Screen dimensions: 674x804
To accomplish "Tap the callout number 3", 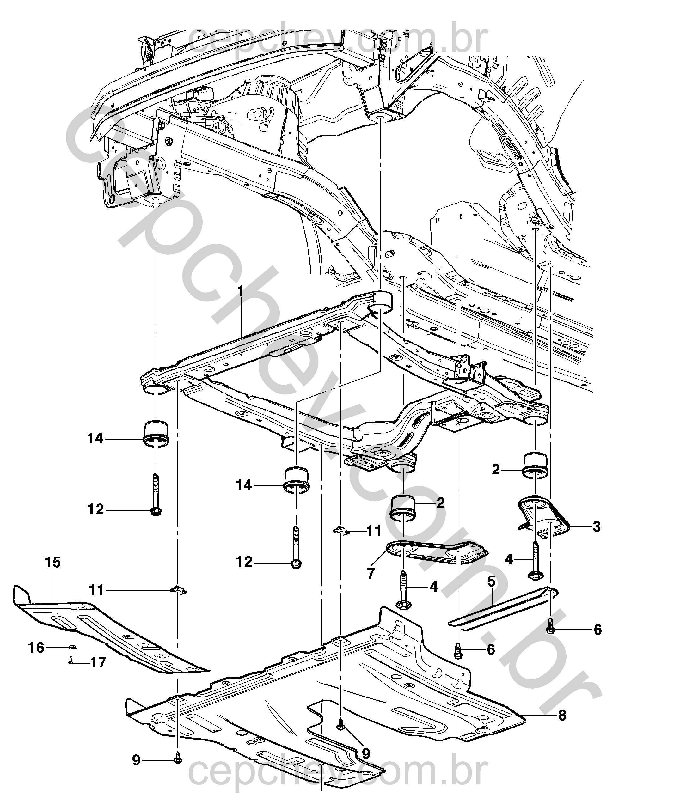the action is (x=596, y=527).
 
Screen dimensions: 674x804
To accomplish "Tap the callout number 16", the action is (x=37, y=648).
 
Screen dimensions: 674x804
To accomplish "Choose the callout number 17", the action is (x=98, y=662).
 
